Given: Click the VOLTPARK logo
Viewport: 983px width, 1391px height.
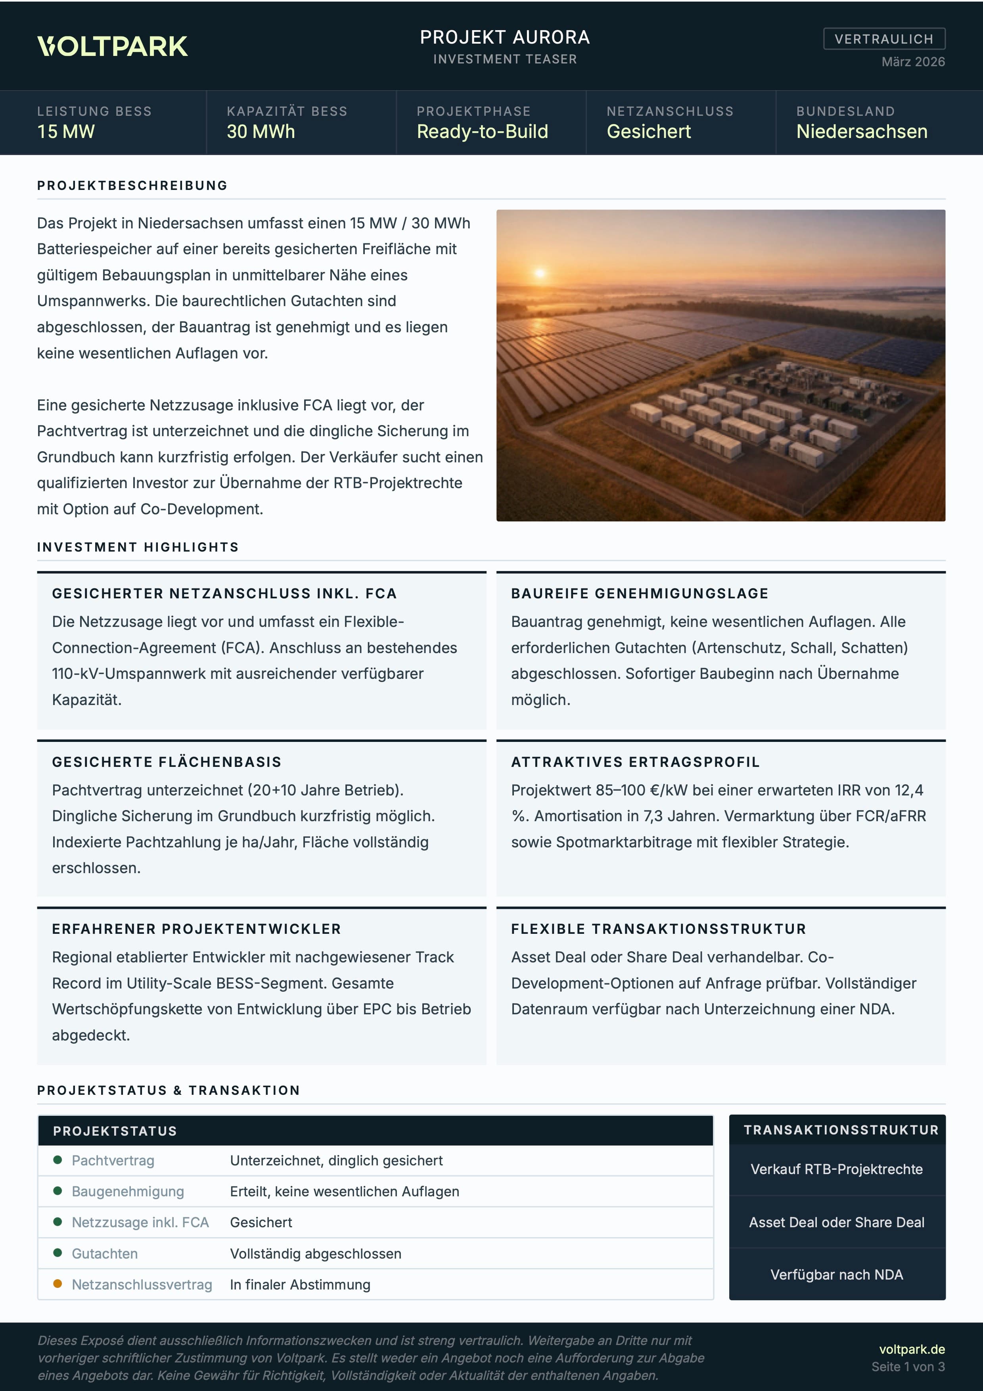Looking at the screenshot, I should point(113,47).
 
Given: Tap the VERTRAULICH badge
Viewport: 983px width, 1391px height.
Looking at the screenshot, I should point(884,39).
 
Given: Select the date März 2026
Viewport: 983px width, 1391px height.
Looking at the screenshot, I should point(913,62).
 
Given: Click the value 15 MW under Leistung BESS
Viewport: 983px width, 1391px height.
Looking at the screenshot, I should point(66,132).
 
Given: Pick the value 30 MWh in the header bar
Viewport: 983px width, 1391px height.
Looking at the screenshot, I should point(261,132).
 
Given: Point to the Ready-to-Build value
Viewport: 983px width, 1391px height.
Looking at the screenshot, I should point(482,132).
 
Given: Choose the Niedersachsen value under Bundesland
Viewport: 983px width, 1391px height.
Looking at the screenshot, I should point(861,132).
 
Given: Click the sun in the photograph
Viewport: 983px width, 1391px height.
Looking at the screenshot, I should point(540,273).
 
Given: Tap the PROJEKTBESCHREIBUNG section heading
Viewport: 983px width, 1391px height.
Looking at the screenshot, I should point(132,186).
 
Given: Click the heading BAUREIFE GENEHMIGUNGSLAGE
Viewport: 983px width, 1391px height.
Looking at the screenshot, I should point(640,593).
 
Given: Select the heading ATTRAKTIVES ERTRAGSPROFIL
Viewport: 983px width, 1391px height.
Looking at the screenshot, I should point(635,762).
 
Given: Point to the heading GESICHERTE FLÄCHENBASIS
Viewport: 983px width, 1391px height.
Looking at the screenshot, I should point(167,762).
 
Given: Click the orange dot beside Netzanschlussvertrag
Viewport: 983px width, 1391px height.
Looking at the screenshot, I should point(57,1284).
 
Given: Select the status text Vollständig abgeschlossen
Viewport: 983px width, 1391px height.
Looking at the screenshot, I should point(316,1253).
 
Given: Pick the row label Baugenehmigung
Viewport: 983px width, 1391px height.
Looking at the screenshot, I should point(128,1191).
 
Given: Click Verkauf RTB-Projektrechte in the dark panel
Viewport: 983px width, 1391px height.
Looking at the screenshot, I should point(836,1169).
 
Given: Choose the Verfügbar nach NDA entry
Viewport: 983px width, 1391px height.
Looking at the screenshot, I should point(836,1275).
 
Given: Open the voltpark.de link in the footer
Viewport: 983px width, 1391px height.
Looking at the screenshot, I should point(912,1349).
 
